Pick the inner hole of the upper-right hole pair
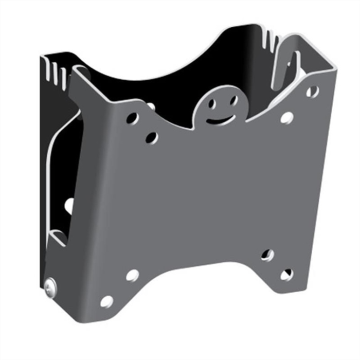tap(286, 118)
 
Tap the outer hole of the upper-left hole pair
tap(132, 118)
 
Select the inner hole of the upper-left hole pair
tap(151, 137)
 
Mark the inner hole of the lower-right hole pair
tap(267, 255)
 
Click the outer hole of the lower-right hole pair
tap(286, 274)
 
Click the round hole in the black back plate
tap(69, 206)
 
